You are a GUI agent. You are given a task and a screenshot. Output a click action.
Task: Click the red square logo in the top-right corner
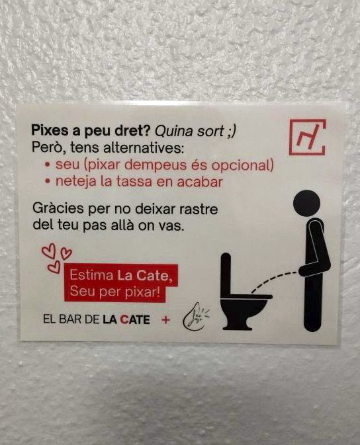click(308, 137)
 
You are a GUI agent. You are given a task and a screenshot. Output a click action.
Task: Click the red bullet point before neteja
click(48, 181)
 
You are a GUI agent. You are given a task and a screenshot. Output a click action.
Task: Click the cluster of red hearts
click(56, 257)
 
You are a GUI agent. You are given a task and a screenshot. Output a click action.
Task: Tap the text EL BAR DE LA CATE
click(96, 319)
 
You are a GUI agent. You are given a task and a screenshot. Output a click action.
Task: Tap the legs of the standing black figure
click(312, 303)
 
